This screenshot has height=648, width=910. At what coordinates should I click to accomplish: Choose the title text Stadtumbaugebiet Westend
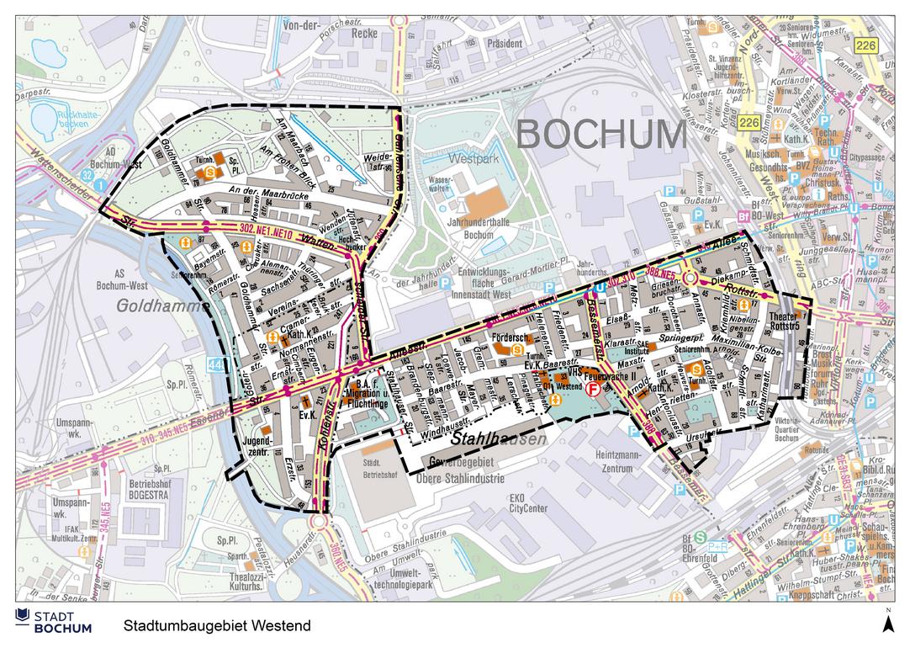[x=217, y=626]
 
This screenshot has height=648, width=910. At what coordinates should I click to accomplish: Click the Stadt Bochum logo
[x=54, y=622]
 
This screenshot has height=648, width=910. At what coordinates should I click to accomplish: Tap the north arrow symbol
[x=886, y=622]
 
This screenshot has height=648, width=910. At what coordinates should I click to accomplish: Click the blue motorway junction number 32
[x=87, y=175]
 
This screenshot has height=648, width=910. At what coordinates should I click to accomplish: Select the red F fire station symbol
[x=593, y=391]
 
